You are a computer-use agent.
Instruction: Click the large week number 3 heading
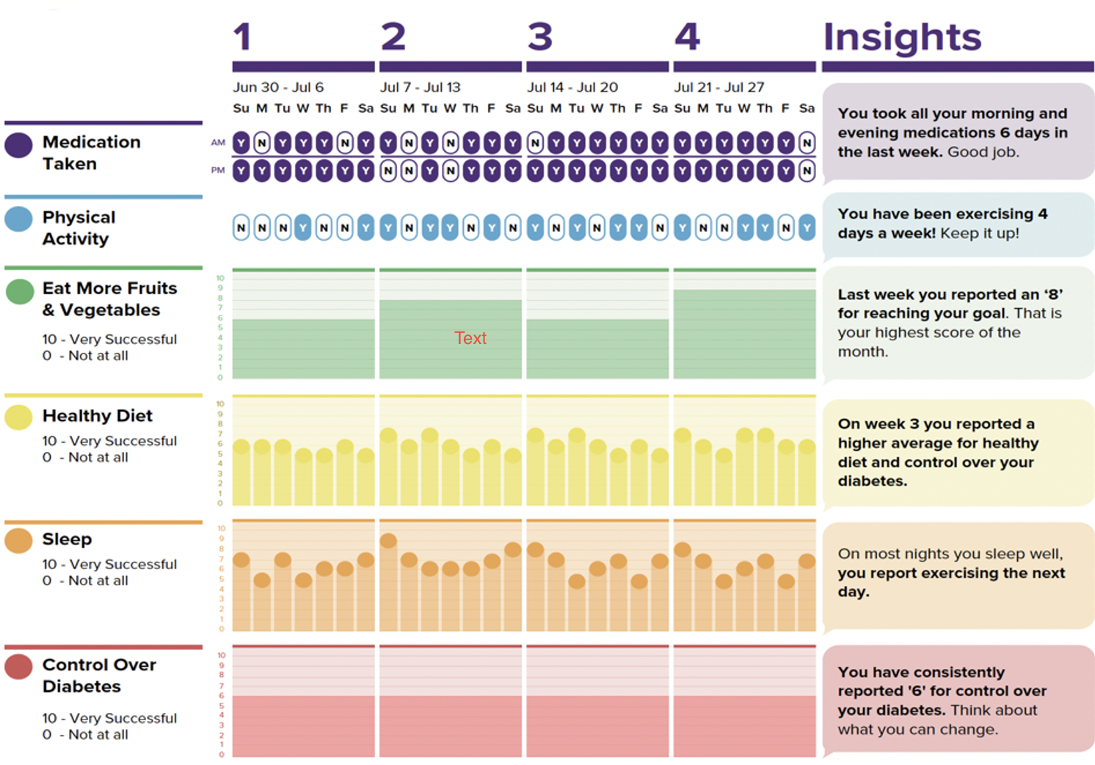pos(539,37)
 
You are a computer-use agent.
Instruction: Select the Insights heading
pos(902,37)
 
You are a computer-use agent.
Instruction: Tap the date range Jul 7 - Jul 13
pos(420,87)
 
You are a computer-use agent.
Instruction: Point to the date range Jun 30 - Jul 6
pos(278,87)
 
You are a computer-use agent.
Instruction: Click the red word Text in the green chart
pos(470,338)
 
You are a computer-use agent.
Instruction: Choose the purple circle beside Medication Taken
pos(18,144)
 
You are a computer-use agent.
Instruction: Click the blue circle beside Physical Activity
pos(18,219)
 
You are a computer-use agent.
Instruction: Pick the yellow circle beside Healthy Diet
pos(18,417)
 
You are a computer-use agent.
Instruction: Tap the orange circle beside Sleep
pos(18,541)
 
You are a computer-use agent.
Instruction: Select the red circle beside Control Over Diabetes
pos(18,666)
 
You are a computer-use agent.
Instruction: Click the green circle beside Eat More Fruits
pos(20,291)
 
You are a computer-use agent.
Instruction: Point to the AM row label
pos(218,142)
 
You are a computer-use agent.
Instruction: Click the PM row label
pos(218,170)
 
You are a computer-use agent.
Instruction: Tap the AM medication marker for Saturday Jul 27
pos(807,143)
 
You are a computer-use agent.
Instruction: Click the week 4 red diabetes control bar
pos(744,726)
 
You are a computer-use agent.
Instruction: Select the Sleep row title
pos(67,539)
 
